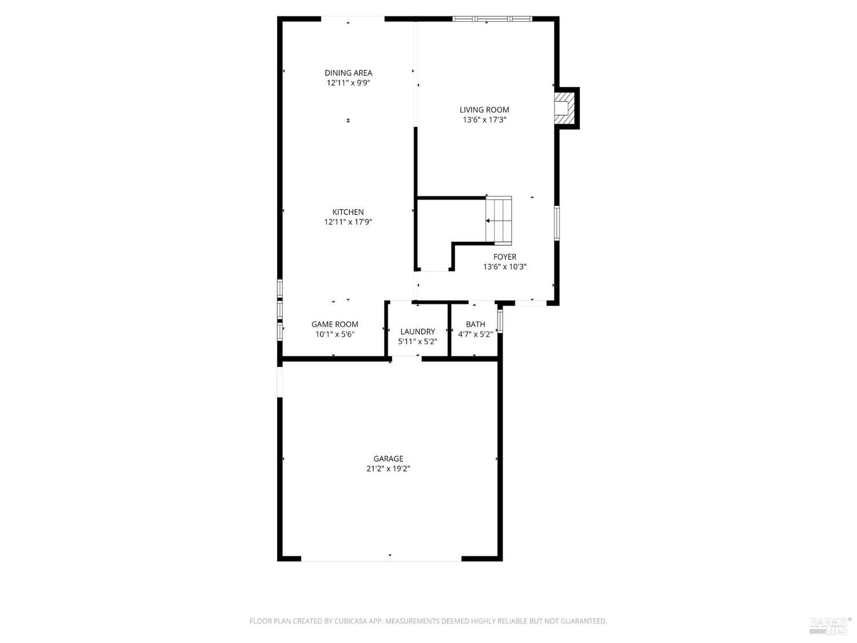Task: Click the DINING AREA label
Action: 349,73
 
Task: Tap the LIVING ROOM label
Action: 484,110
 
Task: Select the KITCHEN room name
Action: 348,212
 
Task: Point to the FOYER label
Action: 505,257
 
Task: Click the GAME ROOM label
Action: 335,325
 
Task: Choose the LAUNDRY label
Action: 418,332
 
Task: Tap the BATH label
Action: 475,325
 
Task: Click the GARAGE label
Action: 388,459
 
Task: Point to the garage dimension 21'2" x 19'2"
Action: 388,469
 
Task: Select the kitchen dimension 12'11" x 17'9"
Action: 348,222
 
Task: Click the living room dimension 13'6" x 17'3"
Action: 484,120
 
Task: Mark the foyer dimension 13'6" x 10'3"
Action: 505,267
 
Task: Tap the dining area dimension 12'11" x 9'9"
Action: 349,83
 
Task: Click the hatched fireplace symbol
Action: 564,109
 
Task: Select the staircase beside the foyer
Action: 499,221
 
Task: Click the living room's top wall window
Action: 492,19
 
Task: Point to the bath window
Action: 500,321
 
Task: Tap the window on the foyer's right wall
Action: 556,223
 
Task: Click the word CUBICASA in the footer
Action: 350,621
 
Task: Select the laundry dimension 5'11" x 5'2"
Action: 418,342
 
